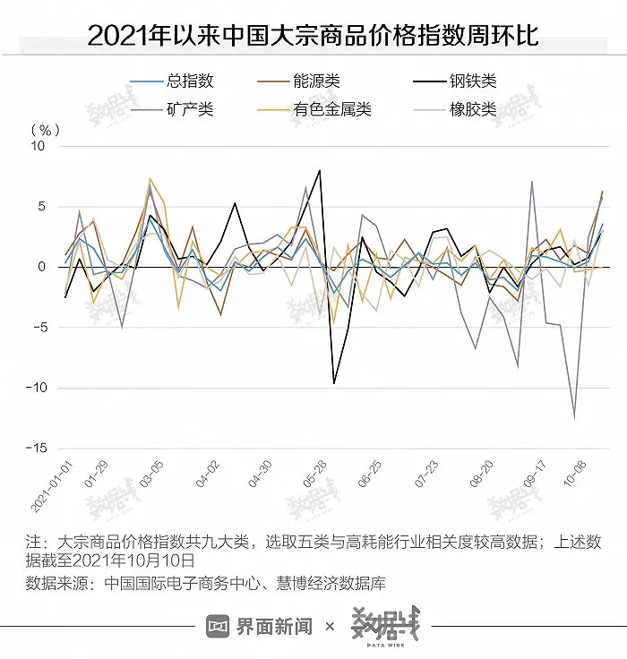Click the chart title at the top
(x=313, y=36)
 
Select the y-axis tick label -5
(x=38, y=328)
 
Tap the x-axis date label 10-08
(x=571, y=481)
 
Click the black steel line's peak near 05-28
(x=320, y=170)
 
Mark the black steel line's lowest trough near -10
(x=334, y=383)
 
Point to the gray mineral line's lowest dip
(x=574, y=417)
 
